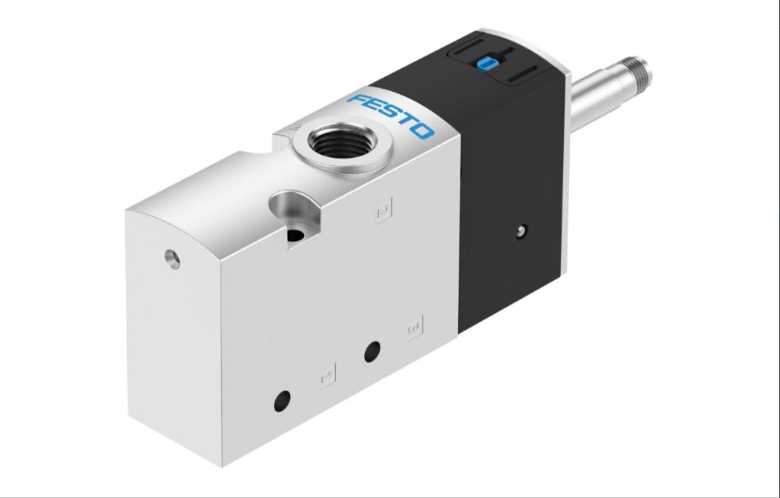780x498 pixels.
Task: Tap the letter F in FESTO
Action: (x=357, y=100)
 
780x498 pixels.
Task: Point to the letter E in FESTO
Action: (x=372, y=107)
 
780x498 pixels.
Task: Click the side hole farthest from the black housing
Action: (x=282, y=402)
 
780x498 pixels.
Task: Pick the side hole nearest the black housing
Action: (x=372, y=351)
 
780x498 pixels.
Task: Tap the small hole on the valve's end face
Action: (x=172, y=259)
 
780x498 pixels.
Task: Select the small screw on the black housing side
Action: (x=522, y=231)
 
